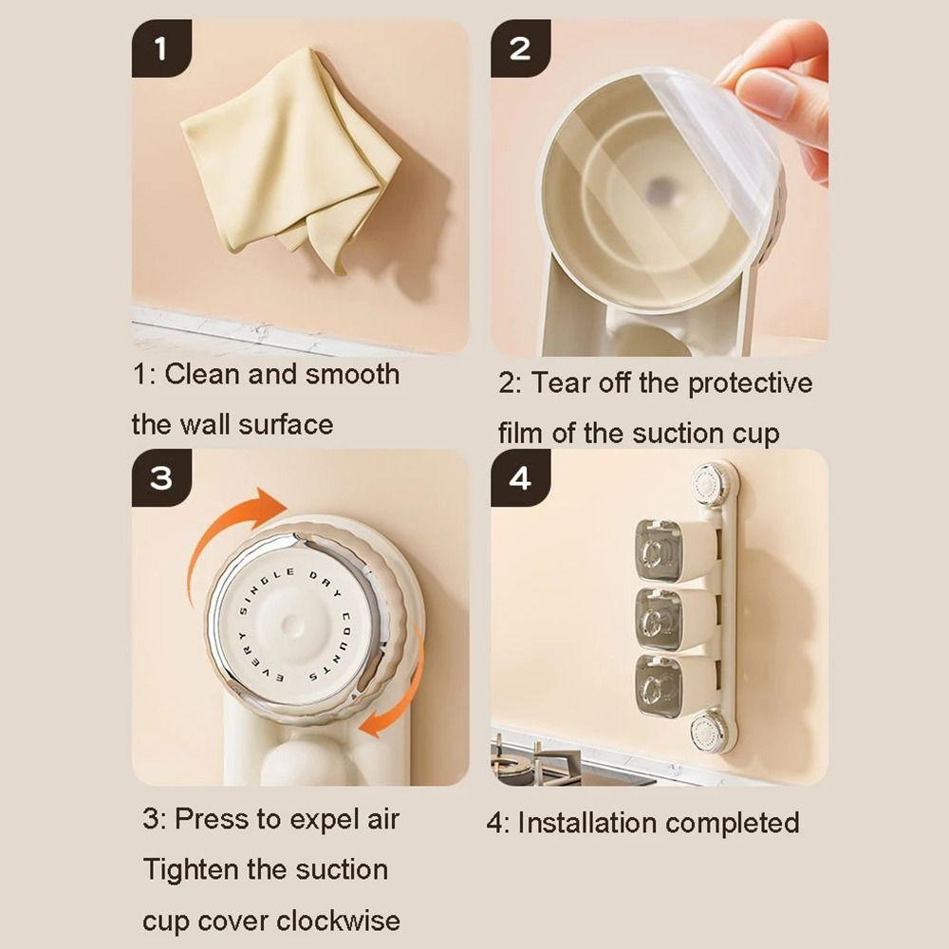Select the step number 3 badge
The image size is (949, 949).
(160, 478)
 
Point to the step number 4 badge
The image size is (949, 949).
(520, 478)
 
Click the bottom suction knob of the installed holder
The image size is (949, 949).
(710, 732)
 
